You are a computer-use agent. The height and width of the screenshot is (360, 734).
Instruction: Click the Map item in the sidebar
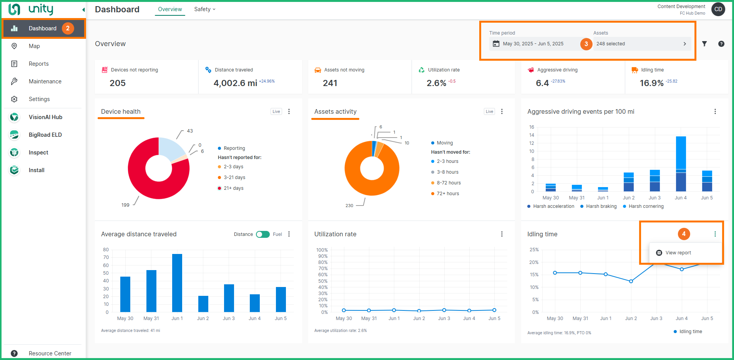pyautogui.click(x=34, y=46)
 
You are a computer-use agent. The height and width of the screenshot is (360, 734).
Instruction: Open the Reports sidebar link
pyautogui.click(x=38, y=64)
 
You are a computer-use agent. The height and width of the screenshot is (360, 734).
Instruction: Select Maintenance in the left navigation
pyautogui.click(x=45, y=81)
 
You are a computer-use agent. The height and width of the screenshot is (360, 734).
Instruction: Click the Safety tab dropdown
pyautogui.click(x=204, y=9)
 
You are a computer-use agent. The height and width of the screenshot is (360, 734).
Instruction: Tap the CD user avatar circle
pyautogui.click(x=718, y=9)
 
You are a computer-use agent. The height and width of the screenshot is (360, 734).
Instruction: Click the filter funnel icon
pyautogui.click(x=704, y=44)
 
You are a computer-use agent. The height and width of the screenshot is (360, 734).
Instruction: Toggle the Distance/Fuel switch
pyautogui.click(x=263, y=234)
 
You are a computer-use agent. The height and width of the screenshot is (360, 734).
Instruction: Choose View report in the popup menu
pyautogui.click(x=678, y=253)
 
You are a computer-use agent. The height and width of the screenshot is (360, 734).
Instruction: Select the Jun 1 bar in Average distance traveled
pyautogui.click(x=177, y=283)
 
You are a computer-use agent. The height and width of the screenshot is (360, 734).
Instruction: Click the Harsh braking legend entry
pyautogui.click(x=601, y=206)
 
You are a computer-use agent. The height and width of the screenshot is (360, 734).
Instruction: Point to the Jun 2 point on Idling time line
pyautogui.click(x=631, y=281)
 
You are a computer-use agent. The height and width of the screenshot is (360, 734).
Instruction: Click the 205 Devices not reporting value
pyautogui.click(x=118, y=83)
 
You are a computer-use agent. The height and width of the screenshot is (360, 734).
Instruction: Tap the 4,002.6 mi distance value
pyautogui.click(x=235, y=83)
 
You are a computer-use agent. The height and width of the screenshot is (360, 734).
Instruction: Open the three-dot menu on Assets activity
pyautogui.click(x=502, y=111)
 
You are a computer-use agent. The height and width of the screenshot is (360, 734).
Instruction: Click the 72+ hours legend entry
pyautogui.click(x=447, y=194)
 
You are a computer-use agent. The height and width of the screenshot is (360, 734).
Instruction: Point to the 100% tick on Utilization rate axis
pyautogui.click(x=322, y=250)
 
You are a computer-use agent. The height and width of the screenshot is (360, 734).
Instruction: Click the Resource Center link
pyautogui.click(x=50, y=353)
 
